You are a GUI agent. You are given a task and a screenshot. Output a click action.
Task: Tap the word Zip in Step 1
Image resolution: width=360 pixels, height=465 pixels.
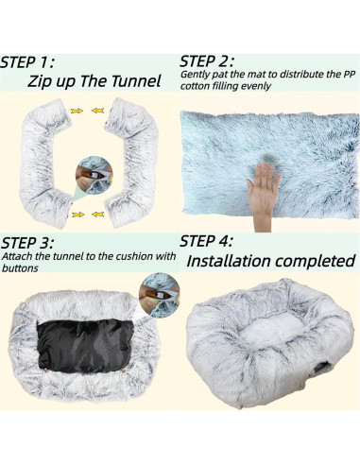pyautogui.click(x=43, y=80)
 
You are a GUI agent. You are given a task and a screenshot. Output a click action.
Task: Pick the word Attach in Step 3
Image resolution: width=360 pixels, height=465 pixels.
pyautogui.click(x=20, y=256)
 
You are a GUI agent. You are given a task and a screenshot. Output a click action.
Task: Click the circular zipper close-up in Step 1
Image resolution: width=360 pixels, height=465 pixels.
pyautogui.click(x=94, y=175)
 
